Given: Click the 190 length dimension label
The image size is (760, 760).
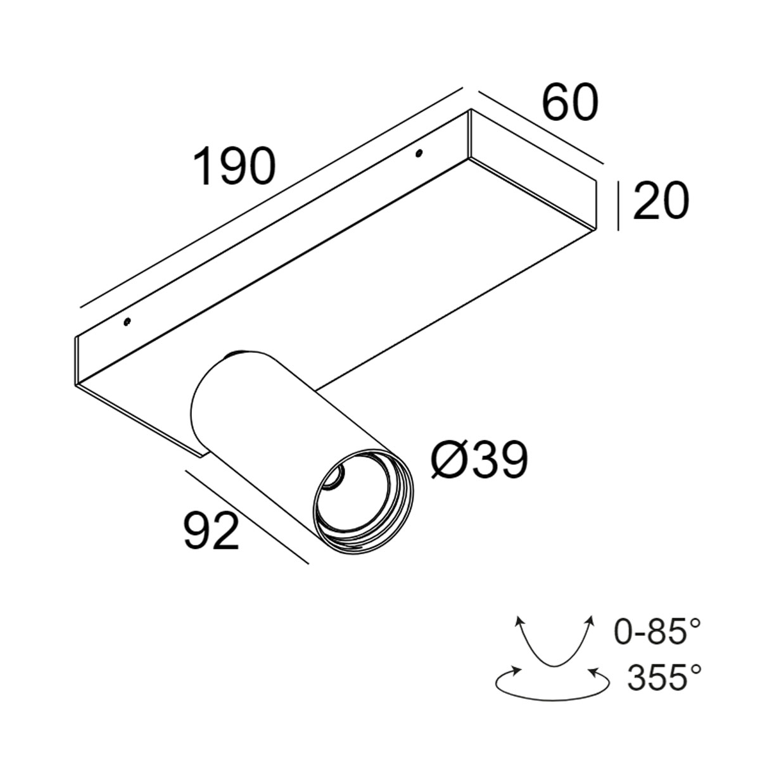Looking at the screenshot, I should tap(234, 166).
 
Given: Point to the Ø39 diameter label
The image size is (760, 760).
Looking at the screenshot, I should tap(479, 460).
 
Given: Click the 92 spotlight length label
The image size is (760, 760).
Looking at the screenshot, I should tap(212, 531).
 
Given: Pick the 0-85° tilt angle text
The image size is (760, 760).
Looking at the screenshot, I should tap(657, 633).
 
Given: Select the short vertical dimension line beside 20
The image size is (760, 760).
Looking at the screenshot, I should tap(619, 205).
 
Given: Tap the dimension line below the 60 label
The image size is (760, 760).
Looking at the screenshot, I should tap(538, 127).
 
